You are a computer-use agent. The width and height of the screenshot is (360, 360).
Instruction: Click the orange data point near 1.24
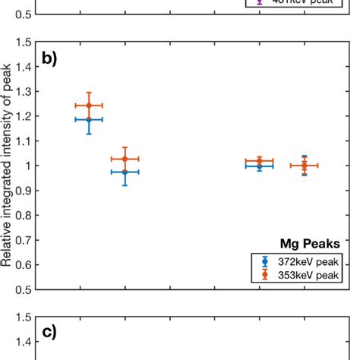[89, 106]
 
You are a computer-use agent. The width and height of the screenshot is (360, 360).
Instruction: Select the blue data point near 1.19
[89, 119]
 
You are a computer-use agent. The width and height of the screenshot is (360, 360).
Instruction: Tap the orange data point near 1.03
[125, 159]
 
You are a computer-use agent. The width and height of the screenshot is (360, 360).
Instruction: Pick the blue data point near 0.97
[125, 172]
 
